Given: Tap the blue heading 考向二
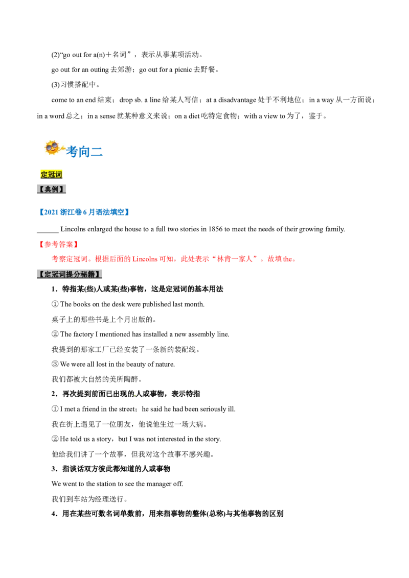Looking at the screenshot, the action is [84, 152].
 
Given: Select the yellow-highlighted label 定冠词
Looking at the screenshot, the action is [51, 174].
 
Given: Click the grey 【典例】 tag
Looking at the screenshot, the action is [51, 189].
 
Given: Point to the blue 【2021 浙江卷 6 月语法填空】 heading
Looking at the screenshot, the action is [84, 212].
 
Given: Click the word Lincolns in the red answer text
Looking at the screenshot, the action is [145, 259].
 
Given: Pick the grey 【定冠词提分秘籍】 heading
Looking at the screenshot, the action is [70, 274].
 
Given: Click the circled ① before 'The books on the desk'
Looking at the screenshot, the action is [55, 304].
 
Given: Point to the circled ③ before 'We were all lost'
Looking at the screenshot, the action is [55, 364].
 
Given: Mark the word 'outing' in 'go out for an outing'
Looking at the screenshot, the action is [100, 69].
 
